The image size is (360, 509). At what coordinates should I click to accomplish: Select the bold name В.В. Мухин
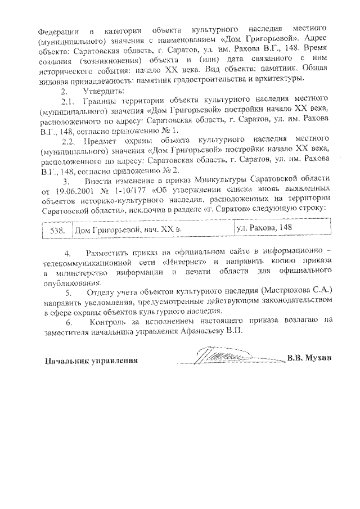tap(309, 359)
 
